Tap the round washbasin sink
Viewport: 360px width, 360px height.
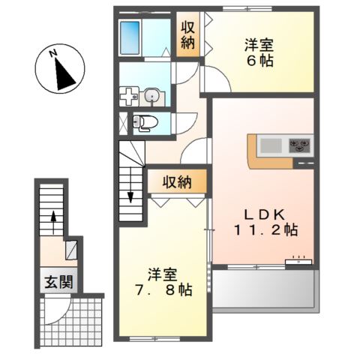(151, 95)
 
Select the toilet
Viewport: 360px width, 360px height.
(139, 122)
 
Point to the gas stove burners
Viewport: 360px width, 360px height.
(301, 144)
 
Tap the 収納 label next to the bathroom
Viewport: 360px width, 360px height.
(187, 34)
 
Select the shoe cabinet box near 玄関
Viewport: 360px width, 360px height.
(71, 248)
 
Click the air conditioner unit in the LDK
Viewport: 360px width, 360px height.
(298, 262)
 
